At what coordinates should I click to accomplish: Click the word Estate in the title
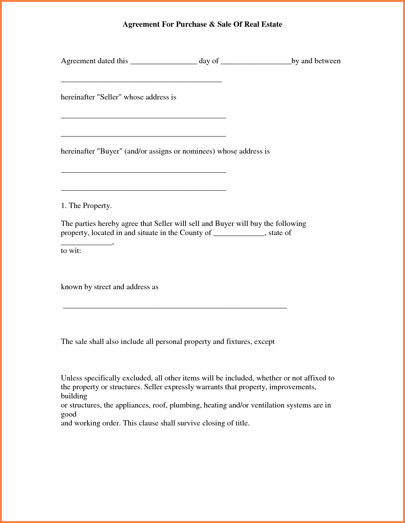pos(272,25)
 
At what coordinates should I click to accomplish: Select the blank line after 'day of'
pos(256,63)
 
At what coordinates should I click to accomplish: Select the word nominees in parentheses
pos(198,151)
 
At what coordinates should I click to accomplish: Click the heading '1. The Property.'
pos(86,205)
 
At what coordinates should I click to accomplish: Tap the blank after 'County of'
pos(239,235)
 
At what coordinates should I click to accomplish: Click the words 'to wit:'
pos(71,251)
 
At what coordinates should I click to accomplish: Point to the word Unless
pos(71,378)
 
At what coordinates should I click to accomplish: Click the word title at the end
pos(242,423)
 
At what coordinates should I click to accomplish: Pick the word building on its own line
pos(74,396)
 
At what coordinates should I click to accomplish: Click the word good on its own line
pos(69,414)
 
